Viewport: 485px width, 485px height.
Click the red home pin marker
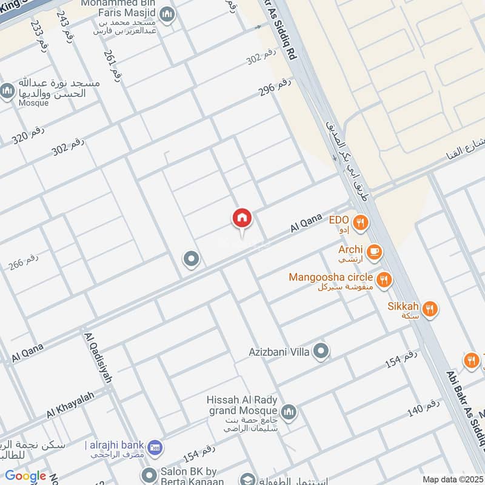242,219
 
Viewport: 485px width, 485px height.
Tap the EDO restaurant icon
361,222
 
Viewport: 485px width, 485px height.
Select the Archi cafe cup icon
374,250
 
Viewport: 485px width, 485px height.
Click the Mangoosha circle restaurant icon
383,279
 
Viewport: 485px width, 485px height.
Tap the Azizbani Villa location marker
321,351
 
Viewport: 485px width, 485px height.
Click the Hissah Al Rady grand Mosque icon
289,412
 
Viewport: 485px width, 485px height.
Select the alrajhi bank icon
155,446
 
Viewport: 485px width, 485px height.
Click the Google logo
25,476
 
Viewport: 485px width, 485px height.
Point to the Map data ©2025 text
451,479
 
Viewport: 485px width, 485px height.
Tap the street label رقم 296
275,86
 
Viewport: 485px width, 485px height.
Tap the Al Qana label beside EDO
306,225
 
